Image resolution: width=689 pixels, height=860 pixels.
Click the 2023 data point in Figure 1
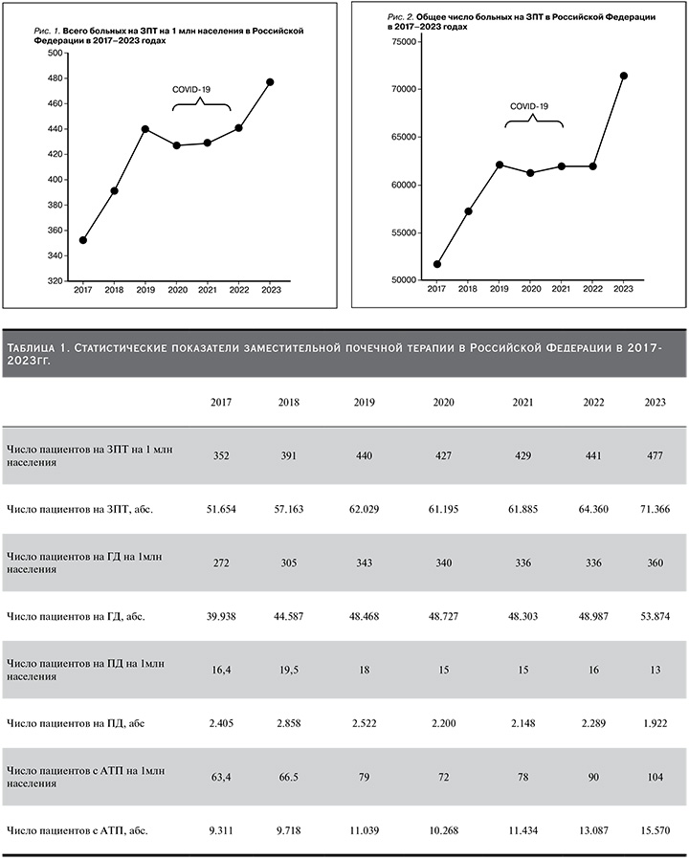[x=270, y=82]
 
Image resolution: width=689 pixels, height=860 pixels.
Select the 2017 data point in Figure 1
[x=83, y=240]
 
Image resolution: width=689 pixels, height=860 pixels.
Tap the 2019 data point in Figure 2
[x=499, y=165]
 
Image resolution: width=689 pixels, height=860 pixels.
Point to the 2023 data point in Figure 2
[x=624, y=76]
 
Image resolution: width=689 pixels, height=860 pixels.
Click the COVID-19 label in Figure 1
[x=191, y=89]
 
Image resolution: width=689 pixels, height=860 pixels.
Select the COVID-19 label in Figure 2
[x=529, y=105]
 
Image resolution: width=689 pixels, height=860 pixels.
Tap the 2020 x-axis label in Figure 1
[x=176, y=289]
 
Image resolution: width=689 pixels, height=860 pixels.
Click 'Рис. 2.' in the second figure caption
[x=399, y=18]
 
